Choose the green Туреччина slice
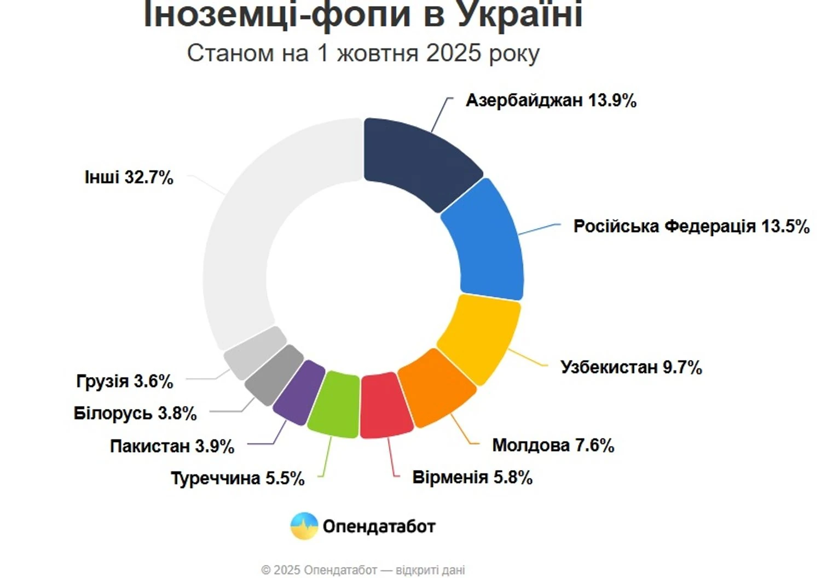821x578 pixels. [x=334, y=404]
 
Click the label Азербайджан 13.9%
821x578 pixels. [x=551, y=101]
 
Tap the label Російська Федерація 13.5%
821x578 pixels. [x=691, y=226]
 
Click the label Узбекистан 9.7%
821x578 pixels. [x=631, y=367]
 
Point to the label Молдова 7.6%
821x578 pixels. [x=553, y=445]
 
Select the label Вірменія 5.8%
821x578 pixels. [x=472, y=477]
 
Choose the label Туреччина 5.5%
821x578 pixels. [x=238, y=478]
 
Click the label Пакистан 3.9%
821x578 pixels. [x=172, y=446]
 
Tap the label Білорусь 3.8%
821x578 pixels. [x=135, y=413]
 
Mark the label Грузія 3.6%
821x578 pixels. [x=125, y=381]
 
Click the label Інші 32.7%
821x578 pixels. [x=129, y=177]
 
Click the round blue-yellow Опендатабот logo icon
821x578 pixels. [x=304, y=526]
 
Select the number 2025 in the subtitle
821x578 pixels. [x=453, y=53]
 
